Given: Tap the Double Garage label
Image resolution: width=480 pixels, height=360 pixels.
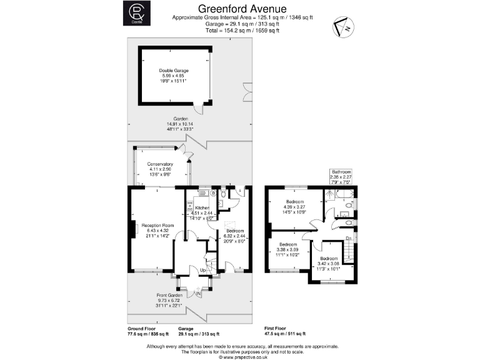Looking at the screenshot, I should point(173,71).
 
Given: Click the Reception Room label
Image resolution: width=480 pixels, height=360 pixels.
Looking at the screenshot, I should point(157,225).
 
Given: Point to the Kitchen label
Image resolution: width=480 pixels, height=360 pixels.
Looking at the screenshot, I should point(202,207).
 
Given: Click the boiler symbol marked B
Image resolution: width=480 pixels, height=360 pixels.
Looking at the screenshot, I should point(213,193).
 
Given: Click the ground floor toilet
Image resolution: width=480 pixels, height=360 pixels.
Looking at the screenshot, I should point(224,195).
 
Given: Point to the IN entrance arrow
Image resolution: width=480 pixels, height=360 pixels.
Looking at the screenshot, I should point(199,292).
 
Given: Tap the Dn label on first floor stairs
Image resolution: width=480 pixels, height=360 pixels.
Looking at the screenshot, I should point(349,238).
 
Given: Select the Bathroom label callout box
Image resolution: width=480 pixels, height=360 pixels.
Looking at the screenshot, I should point(341,177).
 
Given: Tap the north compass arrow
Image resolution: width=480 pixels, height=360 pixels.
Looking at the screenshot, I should point(342,27).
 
